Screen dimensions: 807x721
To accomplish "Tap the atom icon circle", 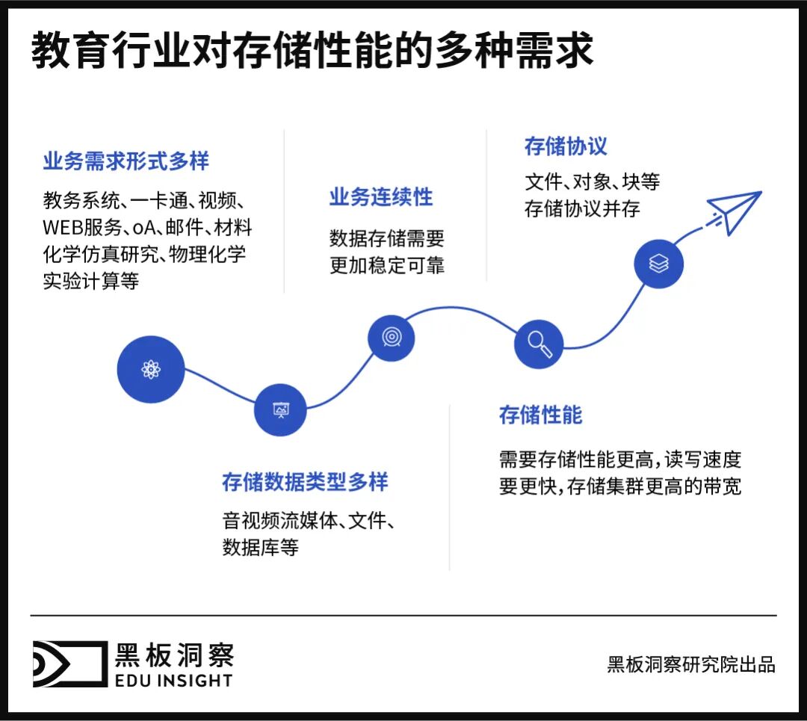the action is [x=151, y=369].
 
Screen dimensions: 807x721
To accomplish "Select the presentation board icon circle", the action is [x=280, y=409].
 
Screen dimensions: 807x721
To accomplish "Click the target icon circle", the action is [x=391, y=338].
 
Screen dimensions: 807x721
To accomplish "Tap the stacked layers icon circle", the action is [x=658, y=264].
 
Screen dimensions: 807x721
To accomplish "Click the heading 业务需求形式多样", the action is [x=126, y=161].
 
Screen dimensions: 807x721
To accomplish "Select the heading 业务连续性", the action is [x=381, y=197].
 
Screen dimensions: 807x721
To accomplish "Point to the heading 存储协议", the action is [x=566, y=146].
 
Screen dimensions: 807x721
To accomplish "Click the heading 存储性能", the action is [x=540, y=415].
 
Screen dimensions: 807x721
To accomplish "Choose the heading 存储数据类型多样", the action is [x=305, y=482].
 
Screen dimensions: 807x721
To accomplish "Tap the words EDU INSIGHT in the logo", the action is [x=173, y=680].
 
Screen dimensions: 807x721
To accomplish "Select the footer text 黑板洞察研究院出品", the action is [x=691, y=664].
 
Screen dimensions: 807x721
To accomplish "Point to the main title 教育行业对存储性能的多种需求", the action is [x=312, y=52].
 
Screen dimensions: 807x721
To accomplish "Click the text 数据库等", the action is [x=261, y=547].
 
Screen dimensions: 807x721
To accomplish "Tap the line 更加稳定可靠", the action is [x=387, y=265].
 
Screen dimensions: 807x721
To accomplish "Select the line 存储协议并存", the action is [x=582, y=208].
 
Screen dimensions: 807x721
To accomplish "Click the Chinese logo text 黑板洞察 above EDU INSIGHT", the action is [x=174, y=655].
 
